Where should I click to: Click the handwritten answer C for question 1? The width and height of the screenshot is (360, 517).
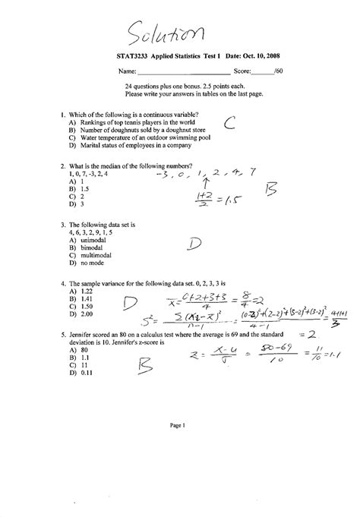click(231, 124)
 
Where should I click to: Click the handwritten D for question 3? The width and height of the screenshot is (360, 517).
click(194, 244)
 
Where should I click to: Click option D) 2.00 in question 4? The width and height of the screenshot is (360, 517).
click(80, 314)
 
